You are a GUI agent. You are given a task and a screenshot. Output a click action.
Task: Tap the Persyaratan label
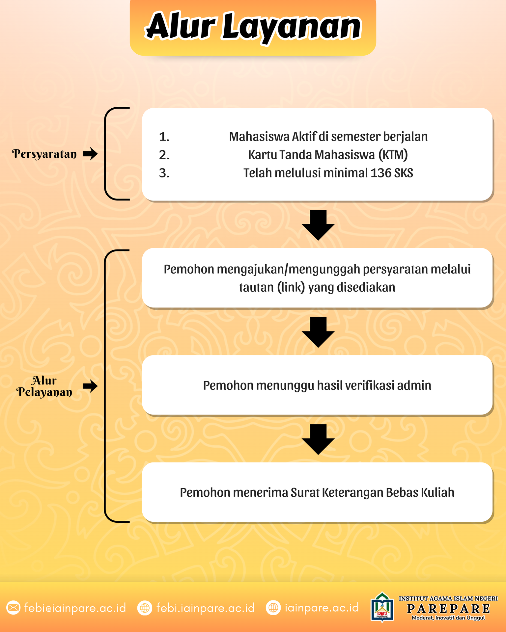click(x=44, y=154)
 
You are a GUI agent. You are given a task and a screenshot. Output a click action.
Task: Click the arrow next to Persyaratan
click(x=90, y=154)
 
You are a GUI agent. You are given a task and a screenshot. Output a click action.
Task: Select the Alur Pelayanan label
click(x=44, y=386)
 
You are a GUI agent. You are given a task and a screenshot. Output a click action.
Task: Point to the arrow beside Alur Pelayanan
click(x=90, y=386)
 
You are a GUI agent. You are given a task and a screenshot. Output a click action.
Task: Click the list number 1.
click(x=164, y=137)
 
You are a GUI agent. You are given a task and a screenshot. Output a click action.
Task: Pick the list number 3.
click(x=164, y=173)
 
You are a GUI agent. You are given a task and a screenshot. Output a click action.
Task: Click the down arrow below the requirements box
click(x=318, y=225)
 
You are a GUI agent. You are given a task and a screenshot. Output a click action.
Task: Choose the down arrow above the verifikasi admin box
click(x=318, y=332)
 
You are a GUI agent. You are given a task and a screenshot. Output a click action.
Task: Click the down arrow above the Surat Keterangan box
click(x=318, y=439)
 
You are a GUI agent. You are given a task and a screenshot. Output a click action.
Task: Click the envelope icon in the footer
click(x=14, y=608)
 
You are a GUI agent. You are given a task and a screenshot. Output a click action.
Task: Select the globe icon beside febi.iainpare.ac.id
click(x=145, y=608)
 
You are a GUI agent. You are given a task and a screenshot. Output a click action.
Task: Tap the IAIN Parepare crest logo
click(x=382, y=607)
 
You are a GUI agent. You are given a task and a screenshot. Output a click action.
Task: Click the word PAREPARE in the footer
click(x=448, y=609)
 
